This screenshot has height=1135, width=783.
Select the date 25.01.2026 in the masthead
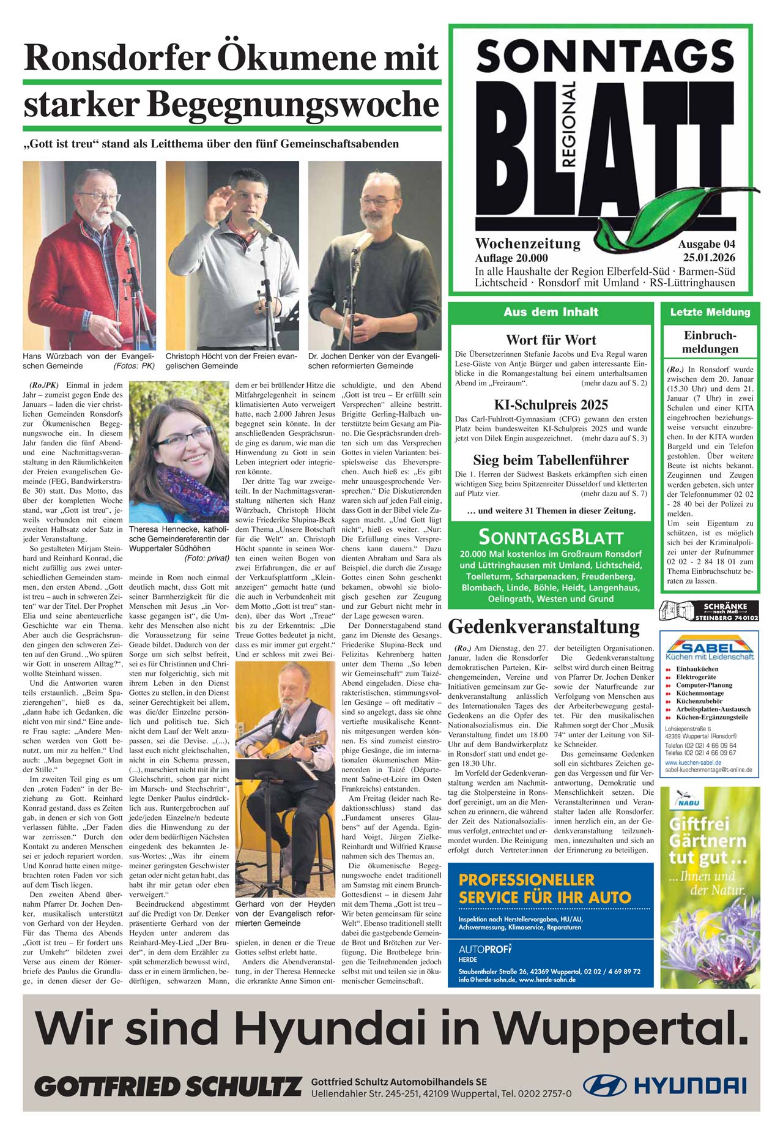click(709, 258)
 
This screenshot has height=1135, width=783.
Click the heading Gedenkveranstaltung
click(544, 627)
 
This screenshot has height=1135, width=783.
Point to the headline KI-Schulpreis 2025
click(551, 405)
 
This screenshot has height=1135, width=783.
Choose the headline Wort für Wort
click(551, 340)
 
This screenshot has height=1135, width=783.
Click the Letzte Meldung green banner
click(710, 312)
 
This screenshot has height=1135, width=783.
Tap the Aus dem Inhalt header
click(551, 312)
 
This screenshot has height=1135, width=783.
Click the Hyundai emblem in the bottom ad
click(604, 1085)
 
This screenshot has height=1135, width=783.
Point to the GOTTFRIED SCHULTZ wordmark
click(168, 1087)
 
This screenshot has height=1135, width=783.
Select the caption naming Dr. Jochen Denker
click(374, 360)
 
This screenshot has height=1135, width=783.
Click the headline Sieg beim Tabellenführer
click(551, 460)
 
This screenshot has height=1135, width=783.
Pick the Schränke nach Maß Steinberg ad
click(709, 611)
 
